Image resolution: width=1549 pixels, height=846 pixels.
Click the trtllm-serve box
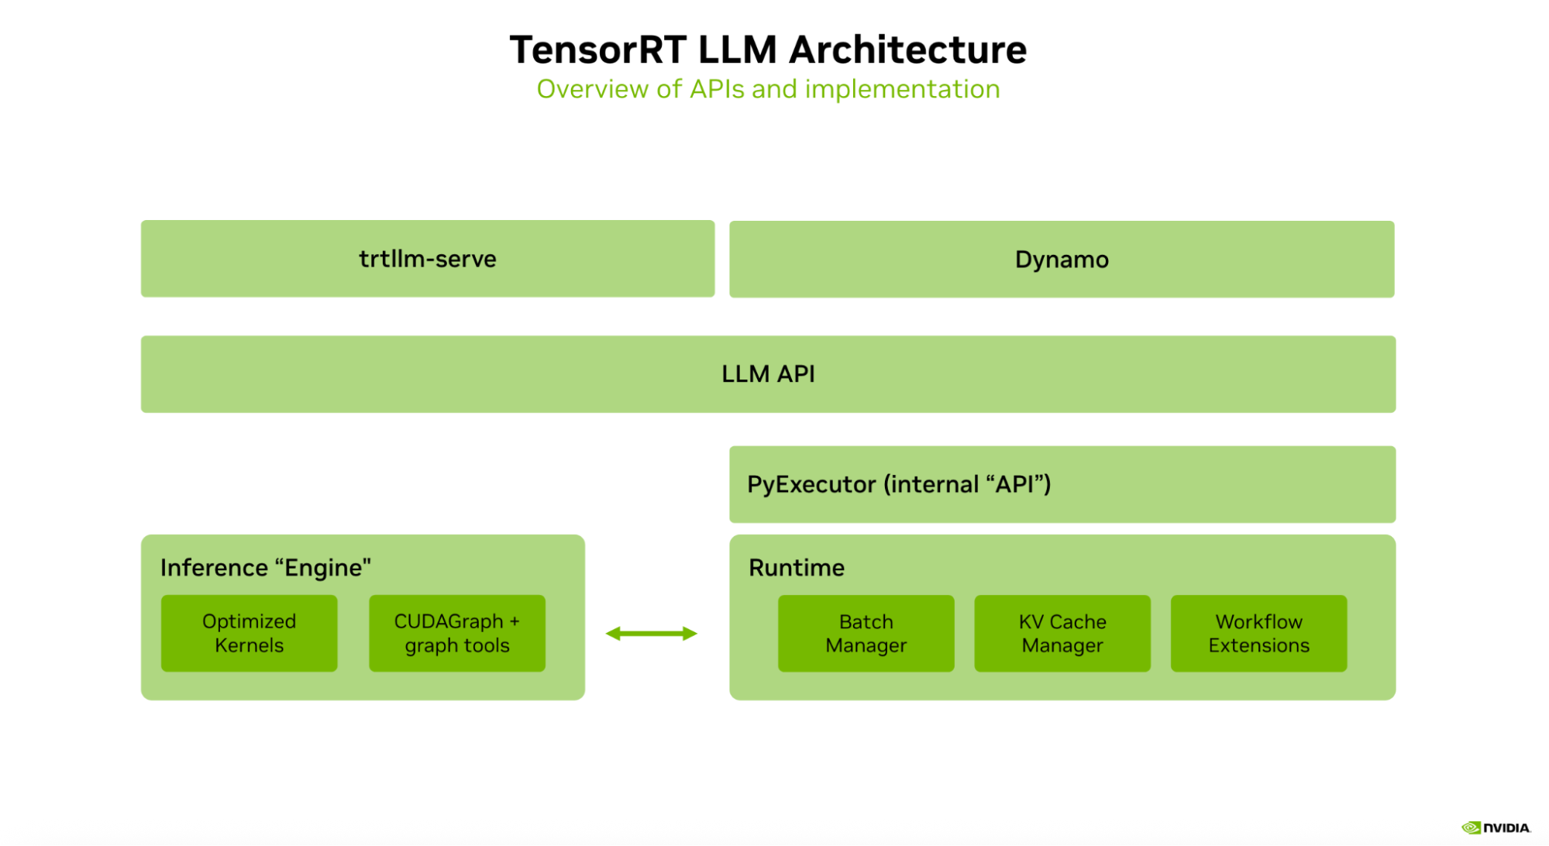[x=427, y=259]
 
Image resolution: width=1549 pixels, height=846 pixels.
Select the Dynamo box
[x=1062, y=260]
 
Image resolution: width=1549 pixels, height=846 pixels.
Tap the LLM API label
[x=768, y=374]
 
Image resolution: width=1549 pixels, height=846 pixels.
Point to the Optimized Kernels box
[x=249, y=633]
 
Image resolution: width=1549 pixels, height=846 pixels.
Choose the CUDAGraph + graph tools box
[x=456, y=633]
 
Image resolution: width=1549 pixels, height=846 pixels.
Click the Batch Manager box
[x=866, y=633]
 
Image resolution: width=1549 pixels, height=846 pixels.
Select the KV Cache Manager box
[x=1062, y=633]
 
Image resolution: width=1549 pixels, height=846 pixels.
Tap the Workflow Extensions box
[x=1258, y=633]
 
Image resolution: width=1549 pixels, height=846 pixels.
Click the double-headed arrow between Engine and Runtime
[x=651, y=634]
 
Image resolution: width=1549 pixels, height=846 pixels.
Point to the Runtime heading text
[x=796, y=568]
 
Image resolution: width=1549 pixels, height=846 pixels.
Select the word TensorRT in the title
[x=597, y=50]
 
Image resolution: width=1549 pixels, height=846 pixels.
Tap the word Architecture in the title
[x=907, y=50]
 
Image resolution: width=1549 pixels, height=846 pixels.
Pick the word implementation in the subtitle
[x=902, y=90]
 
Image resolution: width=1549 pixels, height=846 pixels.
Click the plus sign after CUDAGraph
[x=515, y=621]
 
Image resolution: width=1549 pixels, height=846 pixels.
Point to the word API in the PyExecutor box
[x=1014, y=485]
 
